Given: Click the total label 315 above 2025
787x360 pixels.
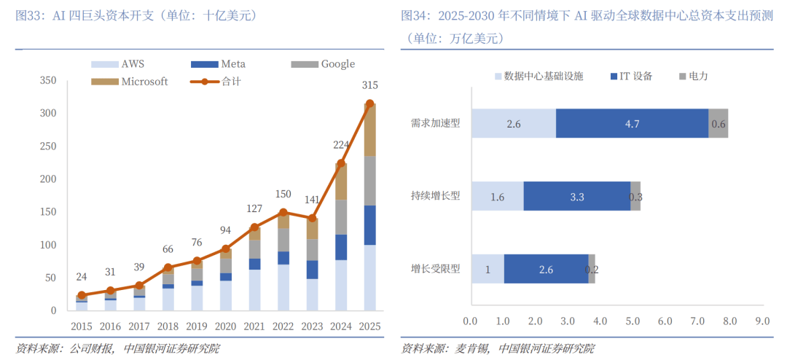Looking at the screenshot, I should pos(369,86).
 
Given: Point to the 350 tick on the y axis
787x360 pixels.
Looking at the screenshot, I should pos(48,80).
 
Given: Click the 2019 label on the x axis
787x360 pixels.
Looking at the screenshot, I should pos(197,326).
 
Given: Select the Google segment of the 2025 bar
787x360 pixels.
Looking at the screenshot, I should pos(369,181).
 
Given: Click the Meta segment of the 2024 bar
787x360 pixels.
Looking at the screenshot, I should pos(341,247).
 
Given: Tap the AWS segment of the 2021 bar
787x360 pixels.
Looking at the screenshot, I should pos(254,290).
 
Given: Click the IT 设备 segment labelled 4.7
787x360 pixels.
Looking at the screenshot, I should pos(632,124).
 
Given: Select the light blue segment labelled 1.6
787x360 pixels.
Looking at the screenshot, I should pos(498,197).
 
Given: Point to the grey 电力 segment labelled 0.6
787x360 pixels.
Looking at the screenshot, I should pos(719,124).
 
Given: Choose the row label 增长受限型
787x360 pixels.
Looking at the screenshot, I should pos(436,269).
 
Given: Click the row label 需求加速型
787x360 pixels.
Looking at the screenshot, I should pos(436,123).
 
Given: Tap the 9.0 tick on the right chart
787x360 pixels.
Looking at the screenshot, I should pos(762,321).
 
